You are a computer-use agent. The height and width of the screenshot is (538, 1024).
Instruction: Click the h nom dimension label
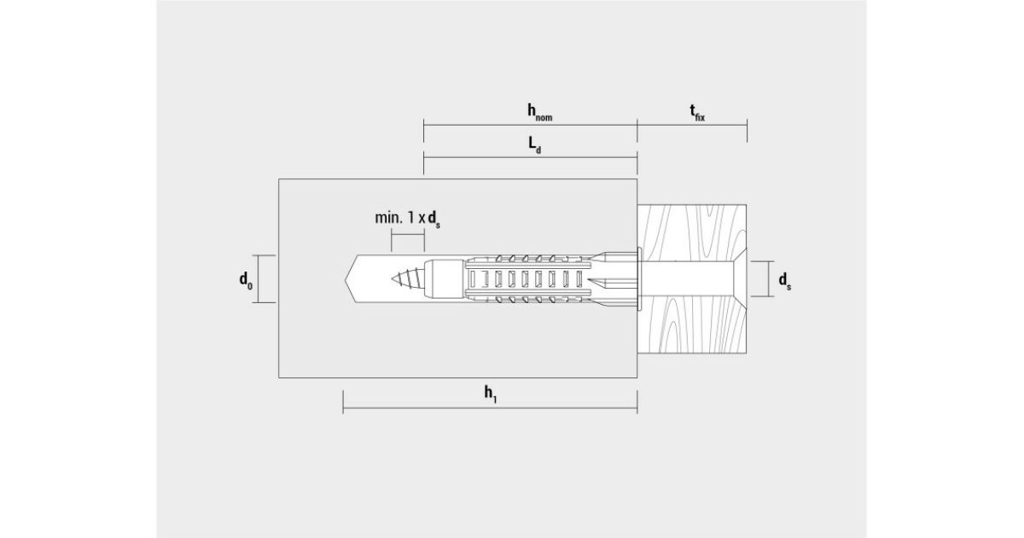[540, 113]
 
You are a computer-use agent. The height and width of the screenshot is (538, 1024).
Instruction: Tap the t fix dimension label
[697, 113]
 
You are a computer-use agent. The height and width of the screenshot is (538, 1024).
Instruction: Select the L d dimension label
[535, 145]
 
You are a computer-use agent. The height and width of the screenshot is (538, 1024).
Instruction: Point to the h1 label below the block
[491, 395]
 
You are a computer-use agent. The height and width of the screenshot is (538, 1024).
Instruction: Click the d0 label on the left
[246, 280]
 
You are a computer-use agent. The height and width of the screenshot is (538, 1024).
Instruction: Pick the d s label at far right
[785, 281]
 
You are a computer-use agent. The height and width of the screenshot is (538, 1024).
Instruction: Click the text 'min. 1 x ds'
[407, 219]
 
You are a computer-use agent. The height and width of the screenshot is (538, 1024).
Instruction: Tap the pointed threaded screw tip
[393, 278]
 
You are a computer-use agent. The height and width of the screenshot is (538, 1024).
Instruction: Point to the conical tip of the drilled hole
[349, 278]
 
